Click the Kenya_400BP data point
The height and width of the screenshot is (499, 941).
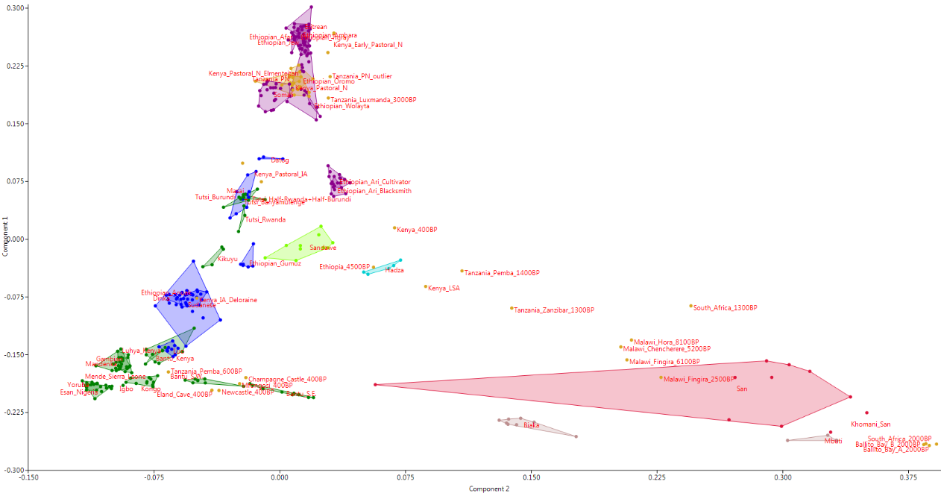click(394, 228)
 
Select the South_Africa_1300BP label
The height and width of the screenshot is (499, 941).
click(725, 308)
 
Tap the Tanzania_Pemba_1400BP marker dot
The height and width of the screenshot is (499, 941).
click(462, 272)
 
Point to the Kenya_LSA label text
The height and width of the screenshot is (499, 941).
click(444, 288)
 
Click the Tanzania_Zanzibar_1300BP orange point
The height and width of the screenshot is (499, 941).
click(512, 308)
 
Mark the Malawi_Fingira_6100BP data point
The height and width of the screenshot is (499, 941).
click(627, 360)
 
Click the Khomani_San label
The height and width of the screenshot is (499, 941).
click(870, 424)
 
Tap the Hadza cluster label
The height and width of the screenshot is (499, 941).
click(394, 270)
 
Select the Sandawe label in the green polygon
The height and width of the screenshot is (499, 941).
click(323, 248)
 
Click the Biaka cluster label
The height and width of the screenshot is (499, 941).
click(531, 425)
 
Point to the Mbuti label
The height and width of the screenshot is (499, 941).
click(833, 441)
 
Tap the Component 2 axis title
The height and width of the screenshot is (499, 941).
click(488, 489)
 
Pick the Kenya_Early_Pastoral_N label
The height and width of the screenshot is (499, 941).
click(368, 45)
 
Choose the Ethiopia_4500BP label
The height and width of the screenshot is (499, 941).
click(344, 267)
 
